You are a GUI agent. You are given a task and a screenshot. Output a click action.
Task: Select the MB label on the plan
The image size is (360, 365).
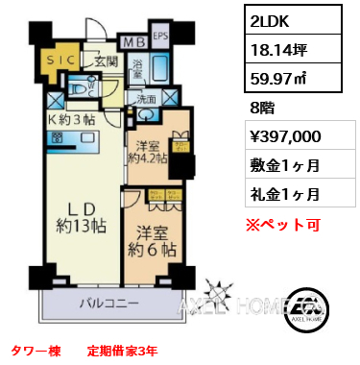(x=132, y=42)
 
